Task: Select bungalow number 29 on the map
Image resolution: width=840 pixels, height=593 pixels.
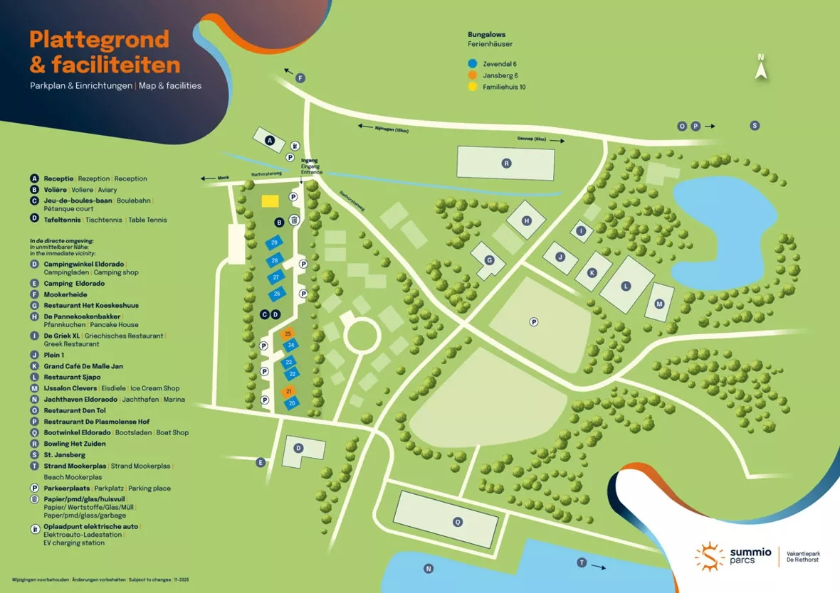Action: click(x=274, y=243)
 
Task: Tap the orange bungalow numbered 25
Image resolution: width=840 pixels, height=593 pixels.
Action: click(x=288, y=333)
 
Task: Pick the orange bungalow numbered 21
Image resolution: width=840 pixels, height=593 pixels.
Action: click(x=290, y=392)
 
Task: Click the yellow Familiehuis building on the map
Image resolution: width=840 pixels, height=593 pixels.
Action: click(x=270, y=201)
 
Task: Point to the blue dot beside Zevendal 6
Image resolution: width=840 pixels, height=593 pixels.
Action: click(x=472, y=63)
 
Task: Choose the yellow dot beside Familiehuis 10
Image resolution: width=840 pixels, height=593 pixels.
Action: click(x=472, y=87)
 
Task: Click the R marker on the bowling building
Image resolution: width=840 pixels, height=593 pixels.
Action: click(x=506, y=164)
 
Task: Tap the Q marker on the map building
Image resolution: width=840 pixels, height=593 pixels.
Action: click(x=458, y=522)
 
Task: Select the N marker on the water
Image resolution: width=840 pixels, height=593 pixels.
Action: click(x=429, y=568)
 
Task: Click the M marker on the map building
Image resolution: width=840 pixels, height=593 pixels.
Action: click(x=659, y=304)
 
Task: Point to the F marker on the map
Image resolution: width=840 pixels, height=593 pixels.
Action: click(x=300, y=78)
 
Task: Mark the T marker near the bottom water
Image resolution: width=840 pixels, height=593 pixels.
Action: click(x=582, y=562)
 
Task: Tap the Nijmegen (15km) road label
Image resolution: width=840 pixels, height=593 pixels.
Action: click(x=392, y=128)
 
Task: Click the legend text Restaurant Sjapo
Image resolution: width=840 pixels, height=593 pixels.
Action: click(x=72, y=377)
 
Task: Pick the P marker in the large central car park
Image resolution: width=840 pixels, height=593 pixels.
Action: click(x=533, y=322)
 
